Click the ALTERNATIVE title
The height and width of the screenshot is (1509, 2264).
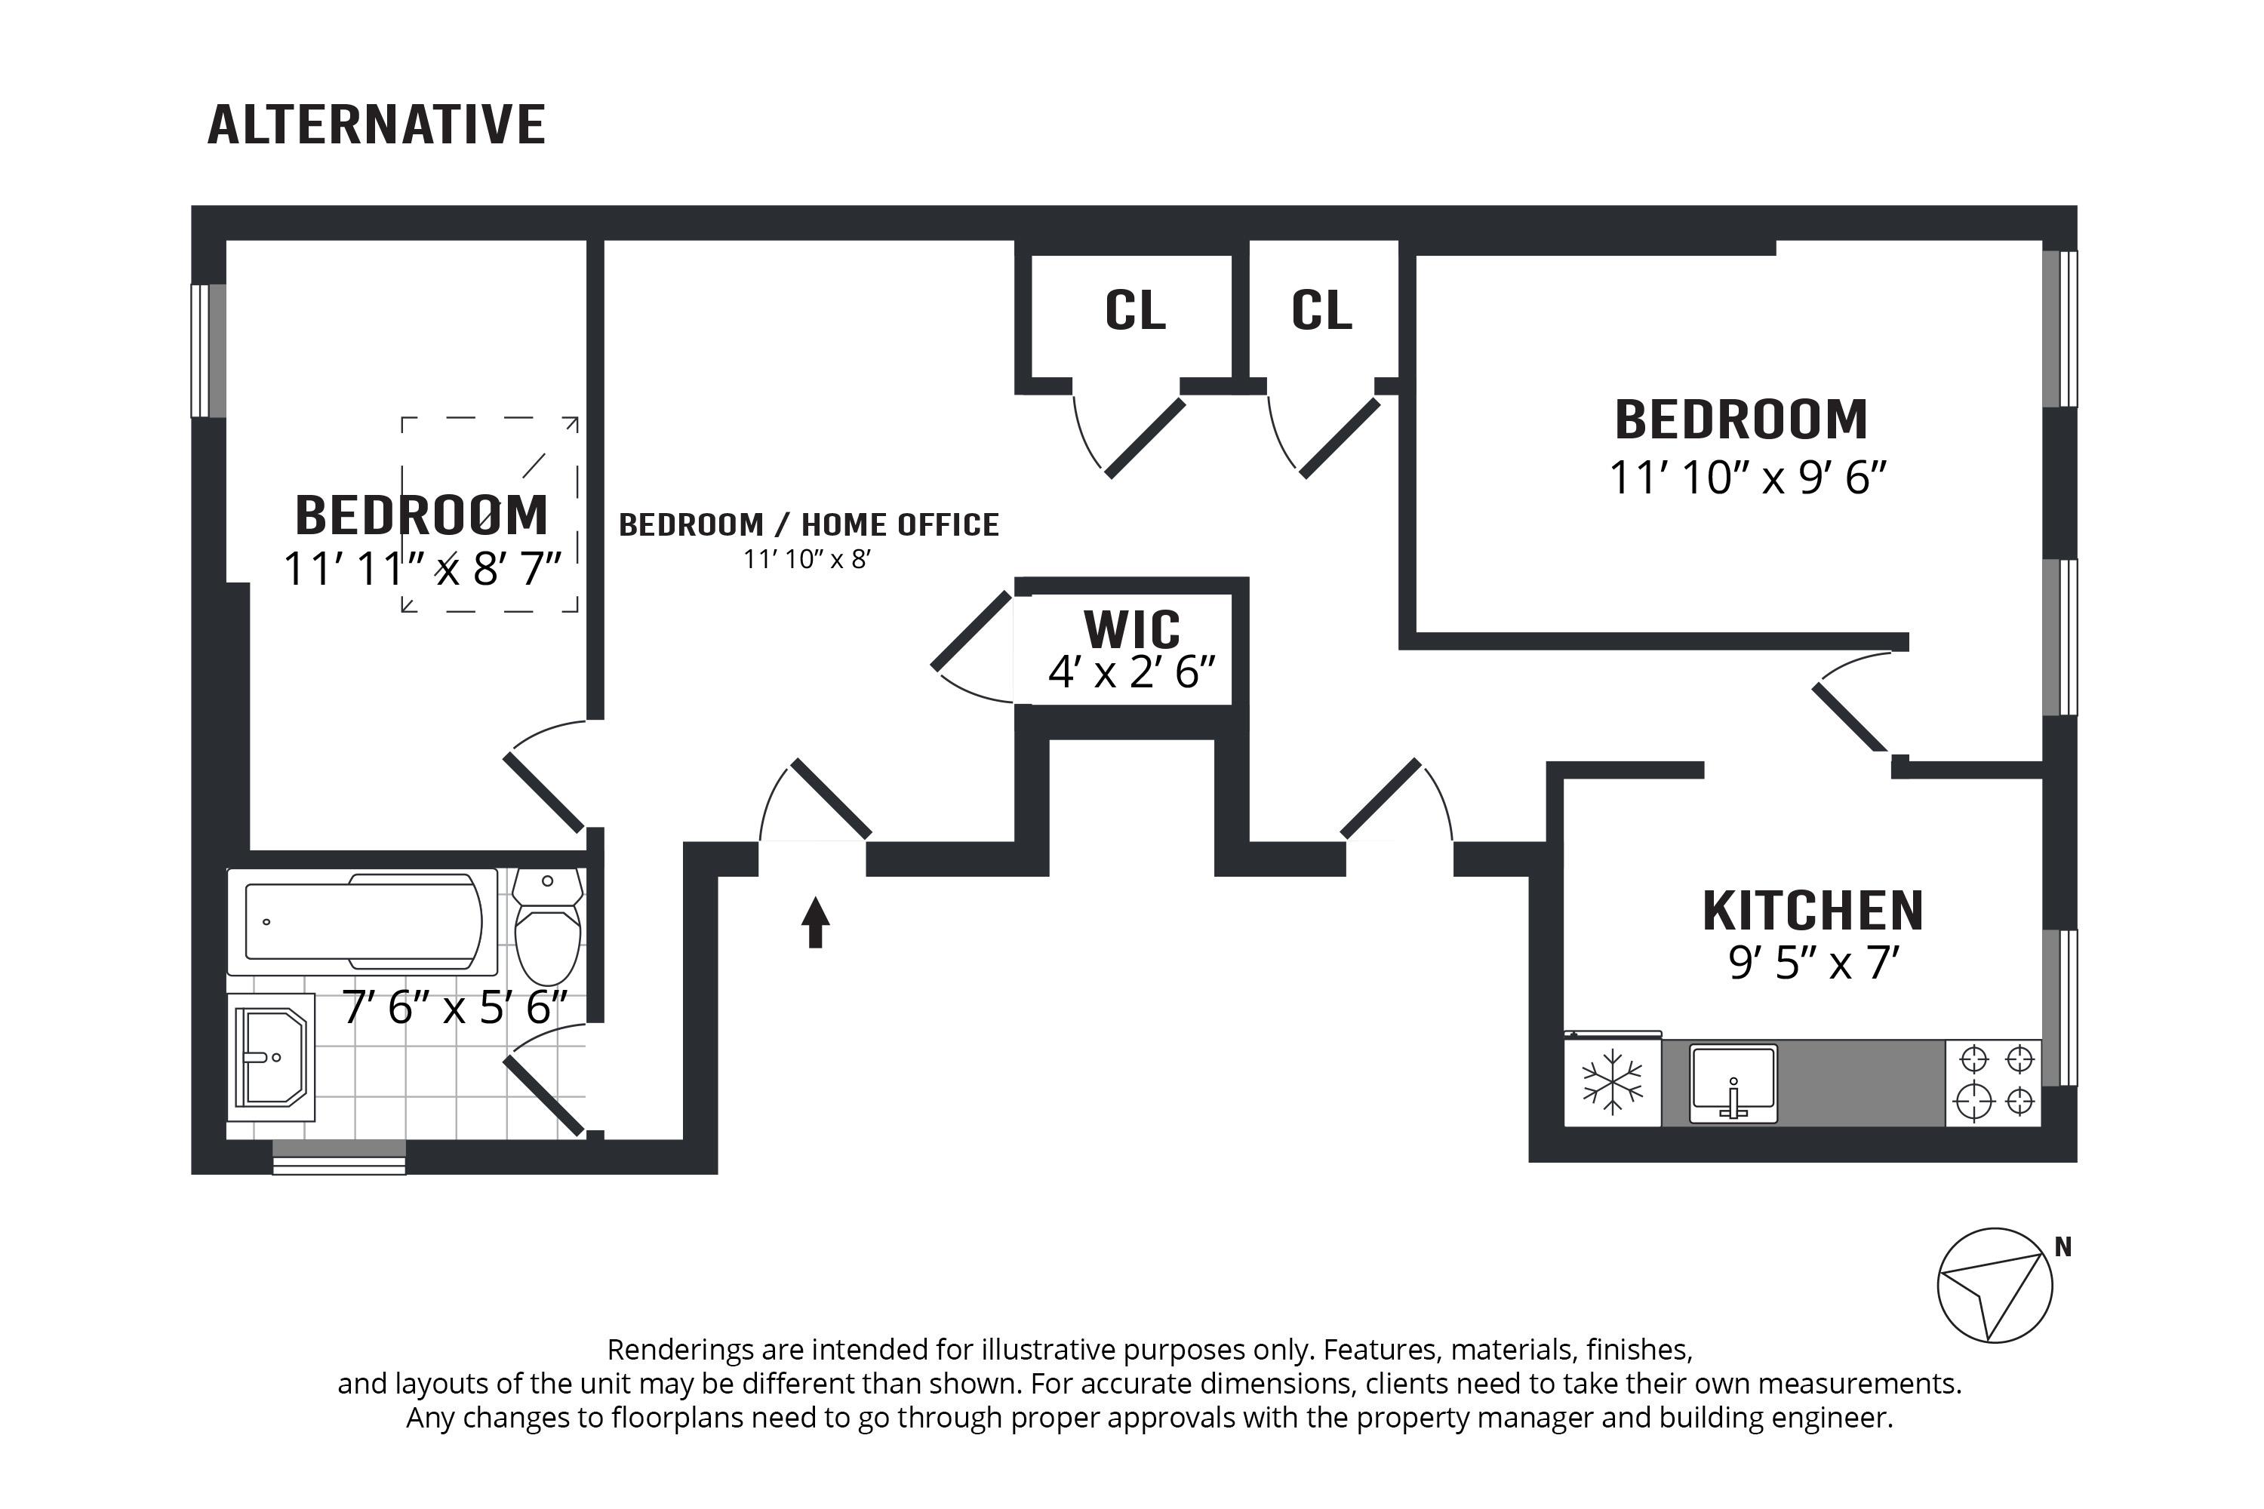[377, 125]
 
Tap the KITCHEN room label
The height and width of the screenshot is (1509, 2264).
[1813, 911]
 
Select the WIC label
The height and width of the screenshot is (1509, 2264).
[1131, 629]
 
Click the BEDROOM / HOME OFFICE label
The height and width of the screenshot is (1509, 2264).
[808, 524]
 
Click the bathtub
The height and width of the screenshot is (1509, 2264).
[363, 921]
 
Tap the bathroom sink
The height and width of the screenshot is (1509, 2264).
[272, 1057]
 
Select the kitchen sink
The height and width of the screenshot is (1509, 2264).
[1733, 1083]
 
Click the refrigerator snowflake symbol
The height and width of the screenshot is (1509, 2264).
[1612, 1082]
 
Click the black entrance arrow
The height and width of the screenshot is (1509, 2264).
[815, 922]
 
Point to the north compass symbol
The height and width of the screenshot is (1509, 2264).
[1995, 1285]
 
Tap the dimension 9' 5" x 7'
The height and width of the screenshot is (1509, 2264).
[1813, 963]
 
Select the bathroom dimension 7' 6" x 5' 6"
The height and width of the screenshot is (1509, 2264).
[455, 1007]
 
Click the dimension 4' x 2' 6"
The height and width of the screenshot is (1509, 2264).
[1131, 672]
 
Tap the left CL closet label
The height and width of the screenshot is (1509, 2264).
[1135, 310]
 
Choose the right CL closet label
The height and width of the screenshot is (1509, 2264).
[1321, 310]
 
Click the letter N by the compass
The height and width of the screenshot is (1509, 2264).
[2063, 1248]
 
